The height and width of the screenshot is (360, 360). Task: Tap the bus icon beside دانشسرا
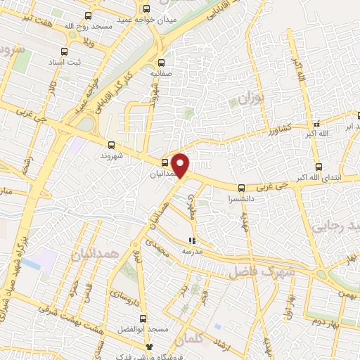click(x=241, y=188)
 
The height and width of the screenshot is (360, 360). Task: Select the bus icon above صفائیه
click(x=162, y=61)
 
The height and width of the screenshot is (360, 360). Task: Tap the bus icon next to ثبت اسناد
click(x=64, y=52)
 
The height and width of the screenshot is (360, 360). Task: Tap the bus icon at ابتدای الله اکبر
click(x=320, y=167)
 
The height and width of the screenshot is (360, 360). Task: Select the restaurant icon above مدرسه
click(x=191, y=240)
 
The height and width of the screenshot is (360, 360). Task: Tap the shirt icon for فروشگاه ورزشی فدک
click(x=148, y=347)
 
